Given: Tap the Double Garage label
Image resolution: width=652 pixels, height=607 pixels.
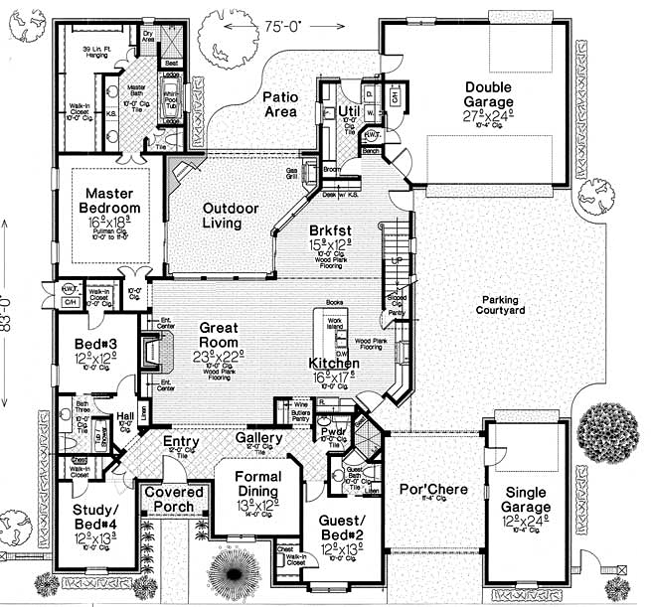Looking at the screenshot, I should click(x=490, y=94).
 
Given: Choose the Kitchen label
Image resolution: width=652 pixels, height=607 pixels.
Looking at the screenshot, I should click(x=333, y=364).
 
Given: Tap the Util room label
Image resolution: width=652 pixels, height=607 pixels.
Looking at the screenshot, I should click(x=348, y=109).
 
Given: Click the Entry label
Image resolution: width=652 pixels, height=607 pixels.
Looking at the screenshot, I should click(x=181, y=442).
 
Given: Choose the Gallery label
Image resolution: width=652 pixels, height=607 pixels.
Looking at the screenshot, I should click(x=260, y=438).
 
